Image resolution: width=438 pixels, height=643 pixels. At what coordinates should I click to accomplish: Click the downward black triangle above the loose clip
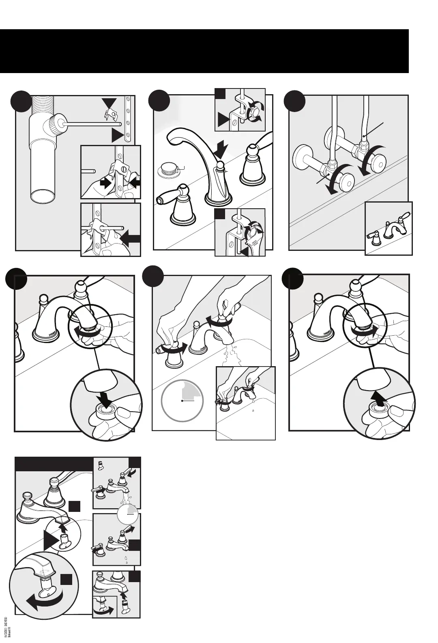tap(109, 103)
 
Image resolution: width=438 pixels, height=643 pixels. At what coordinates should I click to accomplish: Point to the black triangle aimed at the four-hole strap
tap(117, 135)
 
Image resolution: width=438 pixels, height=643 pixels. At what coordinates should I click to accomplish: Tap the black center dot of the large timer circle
tap(182, 401)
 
